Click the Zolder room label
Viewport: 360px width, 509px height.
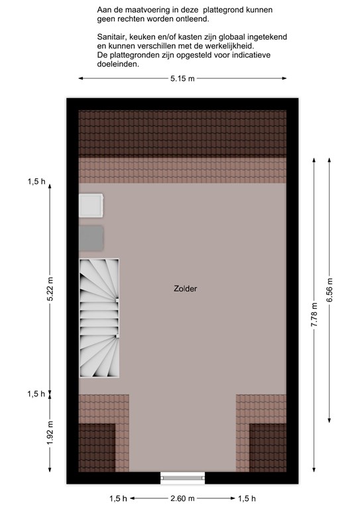point(186,288)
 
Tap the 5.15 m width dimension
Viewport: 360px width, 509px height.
point(182,79)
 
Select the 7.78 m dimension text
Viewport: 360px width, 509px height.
point(314,315)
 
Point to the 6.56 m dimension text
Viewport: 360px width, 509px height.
point(330,290)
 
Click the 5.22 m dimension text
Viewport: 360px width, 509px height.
point(50,288)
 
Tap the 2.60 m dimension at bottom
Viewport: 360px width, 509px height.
point(182,498)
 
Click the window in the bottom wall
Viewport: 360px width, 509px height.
point(183,478)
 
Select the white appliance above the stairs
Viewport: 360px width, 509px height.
point(91,206)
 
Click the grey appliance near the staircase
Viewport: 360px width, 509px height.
point(91,239)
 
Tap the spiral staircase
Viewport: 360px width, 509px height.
point(99,318)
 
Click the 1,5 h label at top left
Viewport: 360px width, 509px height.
point(36,182)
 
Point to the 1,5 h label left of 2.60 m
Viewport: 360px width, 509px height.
point(118,498)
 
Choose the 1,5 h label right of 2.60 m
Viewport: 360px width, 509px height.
point(247,498)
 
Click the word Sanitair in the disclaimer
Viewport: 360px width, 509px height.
point(109,37)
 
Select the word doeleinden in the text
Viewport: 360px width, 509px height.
point(118,64)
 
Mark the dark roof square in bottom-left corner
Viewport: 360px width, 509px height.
point(97,447)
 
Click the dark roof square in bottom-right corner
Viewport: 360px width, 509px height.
point(268,447)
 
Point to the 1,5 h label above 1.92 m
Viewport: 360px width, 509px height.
point(36,394)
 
